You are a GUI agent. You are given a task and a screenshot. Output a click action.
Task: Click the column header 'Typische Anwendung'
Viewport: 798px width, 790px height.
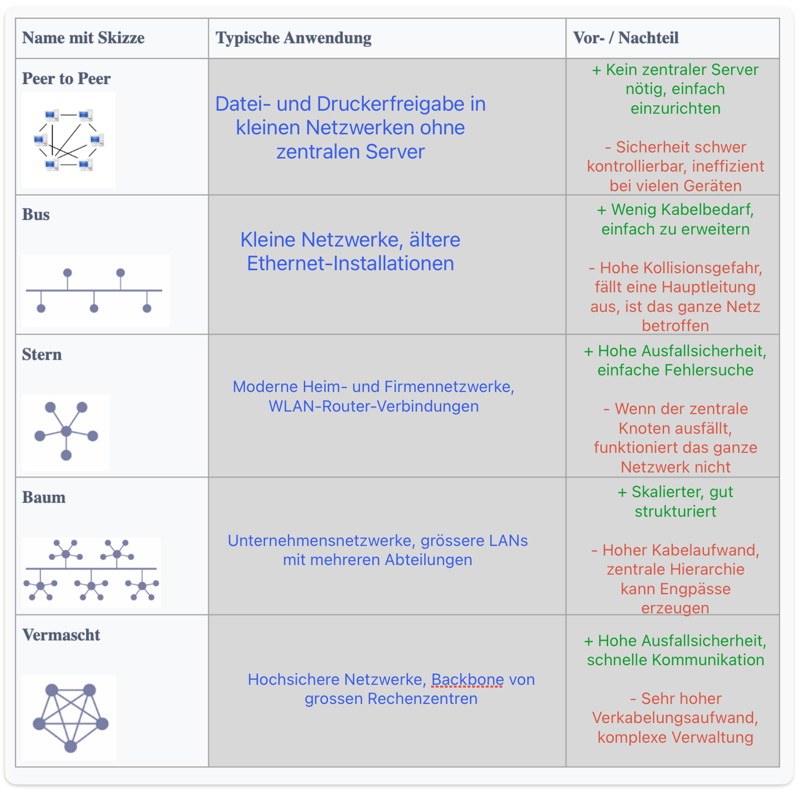pos(294,38)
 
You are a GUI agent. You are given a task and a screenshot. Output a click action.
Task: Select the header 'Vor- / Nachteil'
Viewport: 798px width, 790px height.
pos(626,38)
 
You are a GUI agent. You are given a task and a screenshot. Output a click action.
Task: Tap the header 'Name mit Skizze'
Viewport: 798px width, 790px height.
pos(84,38)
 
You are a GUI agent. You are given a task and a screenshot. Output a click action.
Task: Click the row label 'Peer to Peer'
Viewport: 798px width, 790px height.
pos(66,78)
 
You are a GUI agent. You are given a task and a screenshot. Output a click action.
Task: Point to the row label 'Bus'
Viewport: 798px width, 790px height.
pos(36,214)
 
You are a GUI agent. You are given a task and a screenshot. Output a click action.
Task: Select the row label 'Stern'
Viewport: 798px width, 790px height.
pos(42,354)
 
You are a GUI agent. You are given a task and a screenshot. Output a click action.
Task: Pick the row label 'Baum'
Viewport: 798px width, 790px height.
pos(44,497)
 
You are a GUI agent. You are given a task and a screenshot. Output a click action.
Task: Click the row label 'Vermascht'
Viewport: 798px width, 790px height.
pos(61,635)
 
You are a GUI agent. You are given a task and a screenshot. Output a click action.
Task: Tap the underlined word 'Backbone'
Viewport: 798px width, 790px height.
pos(467,679)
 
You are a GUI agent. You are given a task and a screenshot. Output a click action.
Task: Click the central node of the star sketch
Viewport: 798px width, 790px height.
pos(66,431)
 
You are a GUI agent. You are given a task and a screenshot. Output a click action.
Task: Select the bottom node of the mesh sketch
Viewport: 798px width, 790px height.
pos(70,746)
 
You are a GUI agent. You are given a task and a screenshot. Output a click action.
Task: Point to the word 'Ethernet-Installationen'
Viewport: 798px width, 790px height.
pos(351,264)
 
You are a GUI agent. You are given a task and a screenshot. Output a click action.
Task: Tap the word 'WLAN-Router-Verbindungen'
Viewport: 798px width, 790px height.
pos(373,406)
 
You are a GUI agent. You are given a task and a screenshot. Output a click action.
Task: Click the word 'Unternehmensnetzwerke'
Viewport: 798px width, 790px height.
pos(322,540)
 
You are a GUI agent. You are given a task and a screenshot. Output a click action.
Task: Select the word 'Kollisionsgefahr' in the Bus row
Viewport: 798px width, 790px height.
pos(681,268)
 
